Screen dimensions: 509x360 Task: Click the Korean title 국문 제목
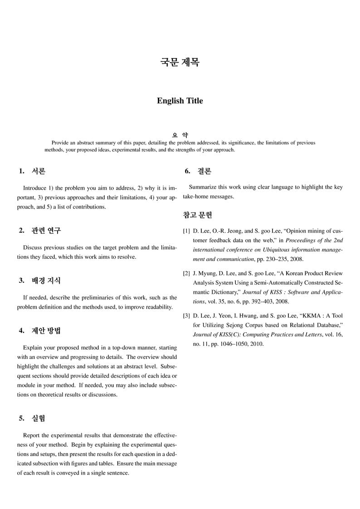(180, 62)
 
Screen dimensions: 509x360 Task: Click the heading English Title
(180, 101)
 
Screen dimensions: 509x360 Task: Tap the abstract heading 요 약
(180, 135)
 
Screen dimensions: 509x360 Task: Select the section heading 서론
(39, 171)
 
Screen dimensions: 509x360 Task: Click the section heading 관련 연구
(46, 230)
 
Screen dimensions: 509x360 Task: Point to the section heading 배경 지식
(46, 281)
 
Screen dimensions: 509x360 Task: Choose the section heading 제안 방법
(46, 330)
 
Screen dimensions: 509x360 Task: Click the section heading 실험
(39, 418)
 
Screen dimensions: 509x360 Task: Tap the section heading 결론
(204, 171)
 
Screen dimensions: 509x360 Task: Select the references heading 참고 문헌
(197, 215)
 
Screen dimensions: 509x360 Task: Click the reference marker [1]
(186, 231)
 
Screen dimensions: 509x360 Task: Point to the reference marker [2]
(186, 273)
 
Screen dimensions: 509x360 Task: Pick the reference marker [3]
(186, 315)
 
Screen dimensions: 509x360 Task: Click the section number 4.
(21, 330)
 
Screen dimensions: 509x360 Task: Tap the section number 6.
(187, 171)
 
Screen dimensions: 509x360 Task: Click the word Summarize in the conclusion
(203, 187)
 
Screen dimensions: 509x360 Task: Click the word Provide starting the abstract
(60, 143)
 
